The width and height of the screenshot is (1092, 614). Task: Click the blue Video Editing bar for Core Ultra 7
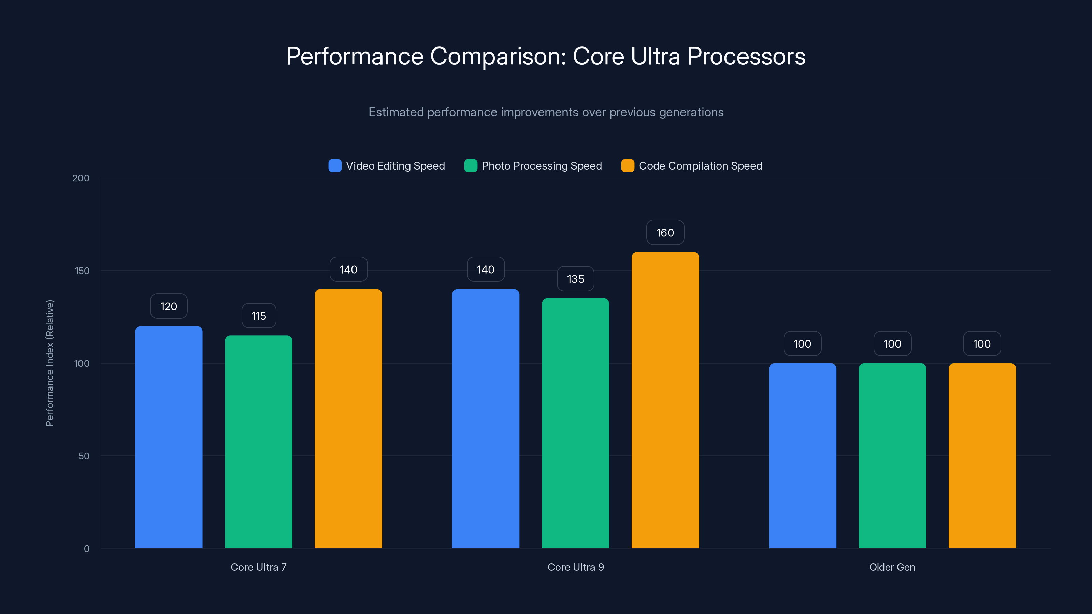tap(169, 437)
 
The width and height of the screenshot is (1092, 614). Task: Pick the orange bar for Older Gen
tap(982, 455)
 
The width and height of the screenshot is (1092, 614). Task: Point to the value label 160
tap(665, 233)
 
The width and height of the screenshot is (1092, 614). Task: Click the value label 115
tap(259, 316)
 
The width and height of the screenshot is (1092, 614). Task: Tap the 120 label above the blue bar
tap(169, 306)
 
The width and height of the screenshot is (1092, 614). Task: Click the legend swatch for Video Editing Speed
tap(335, 166)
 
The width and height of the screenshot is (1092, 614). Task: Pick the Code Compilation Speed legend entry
tap(700, 166)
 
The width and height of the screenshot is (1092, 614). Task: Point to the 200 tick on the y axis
tap(81, 178)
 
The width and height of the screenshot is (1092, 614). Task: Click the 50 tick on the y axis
tap(84, 456)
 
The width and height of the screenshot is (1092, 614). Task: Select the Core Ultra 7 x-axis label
tap(259, 567)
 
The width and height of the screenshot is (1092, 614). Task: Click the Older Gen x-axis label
tap(892, 567)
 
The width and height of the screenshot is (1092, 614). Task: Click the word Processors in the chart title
tap(746, 56)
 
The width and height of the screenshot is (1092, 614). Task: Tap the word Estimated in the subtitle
tap(396, 112)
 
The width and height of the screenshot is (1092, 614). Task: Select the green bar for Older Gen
tap(892, 455)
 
